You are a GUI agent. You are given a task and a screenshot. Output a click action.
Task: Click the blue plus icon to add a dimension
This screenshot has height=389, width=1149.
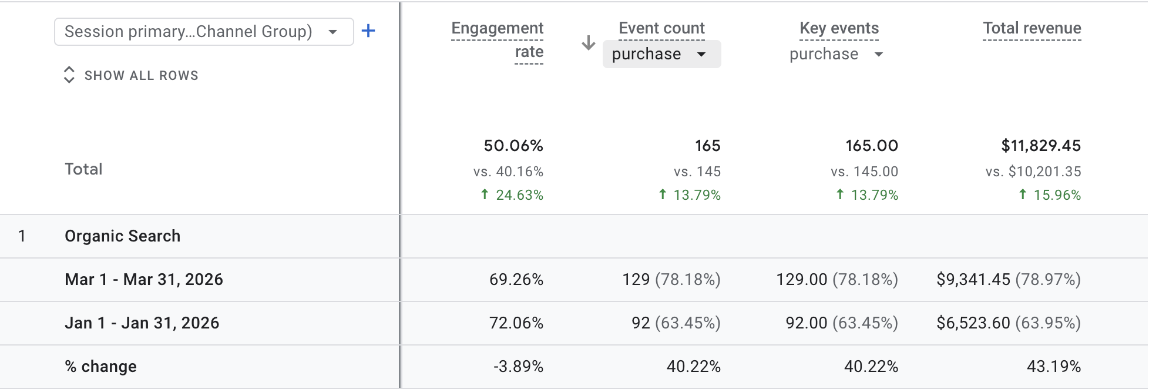click(x=368, y=31)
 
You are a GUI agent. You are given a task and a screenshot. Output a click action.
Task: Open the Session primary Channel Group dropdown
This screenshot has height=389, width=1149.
click(x=204, y=32)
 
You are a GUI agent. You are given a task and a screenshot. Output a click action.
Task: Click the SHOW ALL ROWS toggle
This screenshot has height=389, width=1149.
click(x=131, y=75)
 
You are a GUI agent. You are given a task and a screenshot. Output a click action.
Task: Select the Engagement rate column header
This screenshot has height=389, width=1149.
click(x=498, y=40)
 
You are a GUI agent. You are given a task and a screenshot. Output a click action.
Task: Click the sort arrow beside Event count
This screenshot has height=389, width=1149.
click(x=589, y=42)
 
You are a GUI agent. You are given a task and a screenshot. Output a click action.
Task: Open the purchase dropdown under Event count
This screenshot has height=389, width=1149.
click(x=662, y=54)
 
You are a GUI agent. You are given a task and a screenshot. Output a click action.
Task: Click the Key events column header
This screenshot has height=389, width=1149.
click(x=839, y=28)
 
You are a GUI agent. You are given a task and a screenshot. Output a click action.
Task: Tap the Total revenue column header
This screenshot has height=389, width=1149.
click(x=1032, y=28)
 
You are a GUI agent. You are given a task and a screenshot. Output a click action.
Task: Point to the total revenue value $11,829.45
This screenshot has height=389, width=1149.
click(x=1041, y=146)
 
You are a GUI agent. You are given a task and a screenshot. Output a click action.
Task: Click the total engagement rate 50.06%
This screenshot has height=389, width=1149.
click(x=513, y=146)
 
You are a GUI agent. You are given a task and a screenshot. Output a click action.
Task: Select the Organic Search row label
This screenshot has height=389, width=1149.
click(x=123, y=236)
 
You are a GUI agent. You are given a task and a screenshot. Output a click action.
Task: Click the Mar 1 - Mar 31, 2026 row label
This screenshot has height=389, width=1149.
click(x=144, y=280)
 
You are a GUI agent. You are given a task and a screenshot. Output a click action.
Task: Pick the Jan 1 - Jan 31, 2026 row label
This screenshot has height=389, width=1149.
click(x=142, y=323)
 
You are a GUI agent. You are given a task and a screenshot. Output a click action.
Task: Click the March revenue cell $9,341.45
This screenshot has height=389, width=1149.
click(x=1009, y=280)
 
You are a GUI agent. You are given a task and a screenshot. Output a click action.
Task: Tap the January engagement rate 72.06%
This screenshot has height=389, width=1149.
click(x=516, y=323)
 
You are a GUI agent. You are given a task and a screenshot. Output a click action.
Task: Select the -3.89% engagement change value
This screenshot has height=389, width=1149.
click(x=518, y=367)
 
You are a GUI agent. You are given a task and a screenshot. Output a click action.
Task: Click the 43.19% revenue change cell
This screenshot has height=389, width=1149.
click(x=1054, y=367)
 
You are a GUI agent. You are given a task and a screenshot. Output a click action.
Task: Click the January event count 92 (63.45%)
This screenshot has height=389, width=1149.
click(x=676, y=323)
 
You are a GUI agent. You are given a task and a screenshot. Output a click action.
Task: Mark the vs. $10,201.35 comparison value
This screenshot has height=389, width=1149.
click(x=1033, y=172)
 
